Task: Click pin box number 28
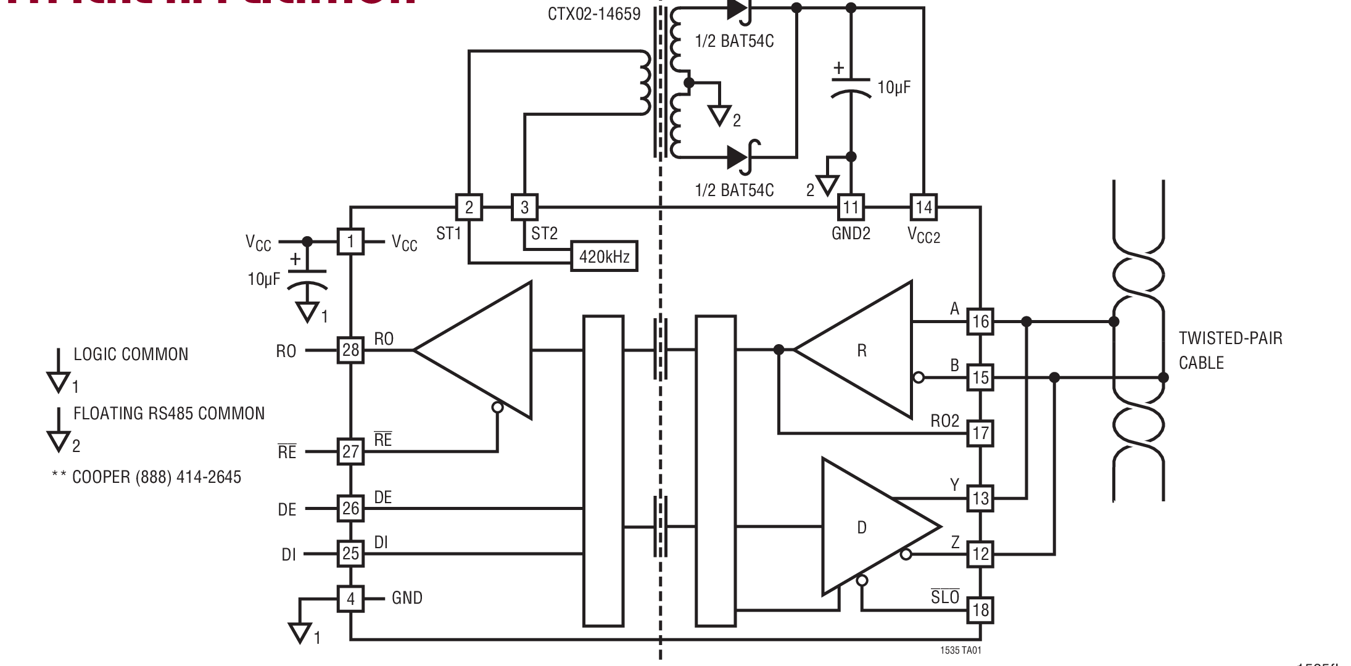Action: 350,350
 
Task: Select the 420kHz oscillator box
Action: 604,257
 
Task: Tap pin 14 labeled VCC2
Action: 923,207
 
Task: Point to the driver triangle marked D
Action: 870,527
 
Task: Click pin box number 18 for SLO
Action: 980,610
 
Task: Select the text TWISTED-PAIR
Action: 1230,338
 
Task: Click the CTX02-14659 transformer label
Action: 593,14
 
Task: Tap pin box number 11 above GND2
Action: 851,207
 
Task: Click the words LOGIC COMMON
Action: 131,354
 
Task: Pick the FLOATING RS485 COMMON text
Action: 169,413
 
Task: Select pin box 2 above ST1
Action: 469,207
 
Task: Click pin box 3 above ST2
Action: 524,207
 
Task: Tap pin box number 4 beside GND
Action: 350,598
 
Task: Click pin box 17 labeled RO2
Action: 980,433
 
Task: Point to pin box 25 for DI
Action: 350,553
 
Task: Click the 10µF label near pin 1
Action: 263,279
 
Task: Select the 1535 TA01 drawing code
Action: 961,650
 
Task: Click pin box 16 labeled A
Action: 980,321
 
